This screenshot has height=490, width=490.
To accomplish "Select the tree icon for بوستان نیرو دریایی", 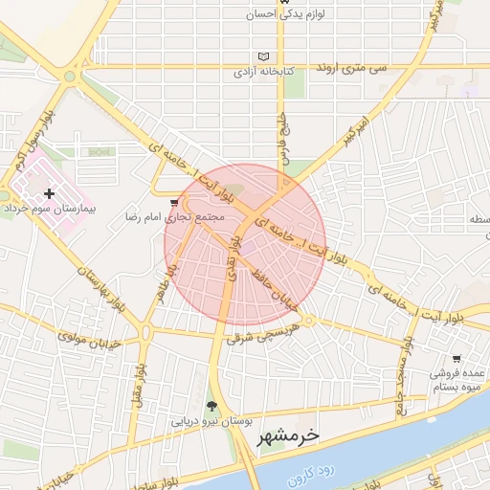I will point(212,407).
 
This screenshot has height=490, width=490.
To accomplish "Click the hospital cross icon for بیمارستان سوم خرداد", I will point(49,193).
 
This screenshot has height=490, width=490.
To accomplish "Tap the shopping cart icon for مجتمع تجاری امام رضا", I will point(173,204).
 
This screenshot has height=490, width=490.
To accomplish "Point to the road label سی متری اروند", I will point(378,70).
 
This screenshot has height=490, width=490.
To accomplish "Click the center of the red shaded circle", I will point(245,245).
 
